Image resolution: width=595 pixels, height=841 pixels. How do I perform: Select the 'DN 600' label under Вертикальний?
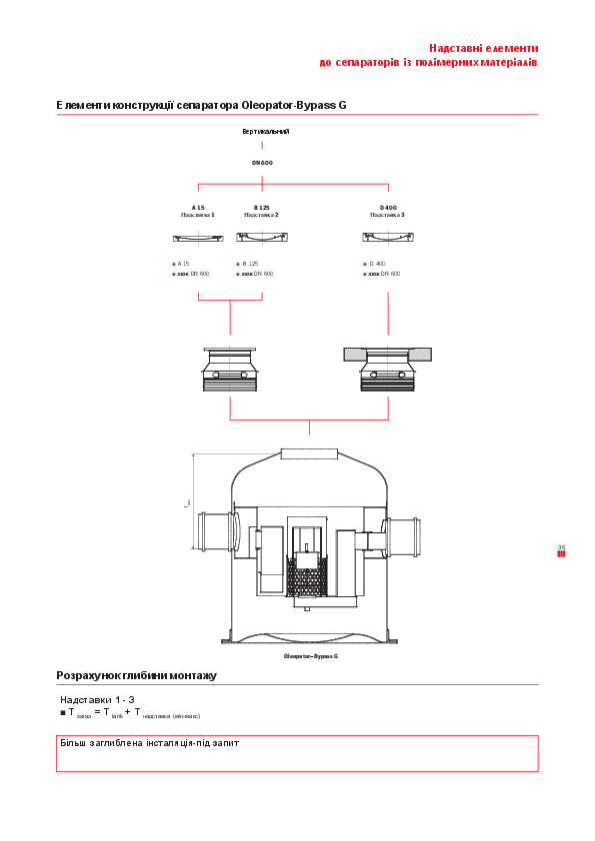click(262, 162)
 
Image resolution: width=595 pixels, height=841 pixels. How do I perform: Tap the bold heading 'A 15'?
click(198, 207)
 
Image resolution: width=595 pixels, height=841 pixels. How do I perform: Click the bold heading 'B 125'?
click(261, 207)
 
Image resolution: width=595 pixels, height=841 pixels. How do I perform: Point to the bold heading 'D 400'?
click(388, 207)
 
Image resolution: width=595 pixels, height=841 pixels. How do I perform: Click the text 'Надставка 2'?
click(261, 215)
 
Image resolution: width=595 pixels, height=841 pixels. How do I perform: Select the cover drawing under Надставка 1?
click(198, 238)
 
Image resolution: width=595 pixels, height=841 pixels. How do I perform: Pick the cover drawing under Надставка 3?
click(388, 237)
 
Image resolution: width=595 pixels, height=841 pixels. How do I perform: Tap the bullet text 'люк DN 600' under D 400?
click(384, 273)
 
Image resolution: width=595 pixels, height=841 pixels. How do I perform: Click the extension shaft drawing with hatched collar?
click(388, 371)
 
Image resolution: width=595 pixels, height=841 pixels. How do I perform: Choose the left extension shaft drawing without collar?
click(230, 371)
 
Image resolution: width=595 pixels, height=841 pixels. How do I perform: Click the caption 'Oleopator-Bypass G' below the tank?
click(311, 656)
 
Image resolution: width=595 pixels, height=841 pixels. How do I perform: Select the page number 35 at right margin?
click(561, 547)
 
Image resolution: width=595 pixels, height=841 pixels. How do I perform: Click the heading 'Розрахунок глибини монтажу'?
click(136, 676)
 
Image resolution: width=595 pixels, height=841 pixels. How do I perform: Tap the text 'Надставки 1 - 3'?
click(97, 700)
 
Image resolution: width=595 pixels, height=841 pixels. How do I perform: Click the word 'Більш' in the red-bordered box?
click(73, 744)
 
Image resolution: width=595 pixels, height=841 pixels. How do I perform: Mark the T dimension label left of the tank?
click(187, 504)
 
